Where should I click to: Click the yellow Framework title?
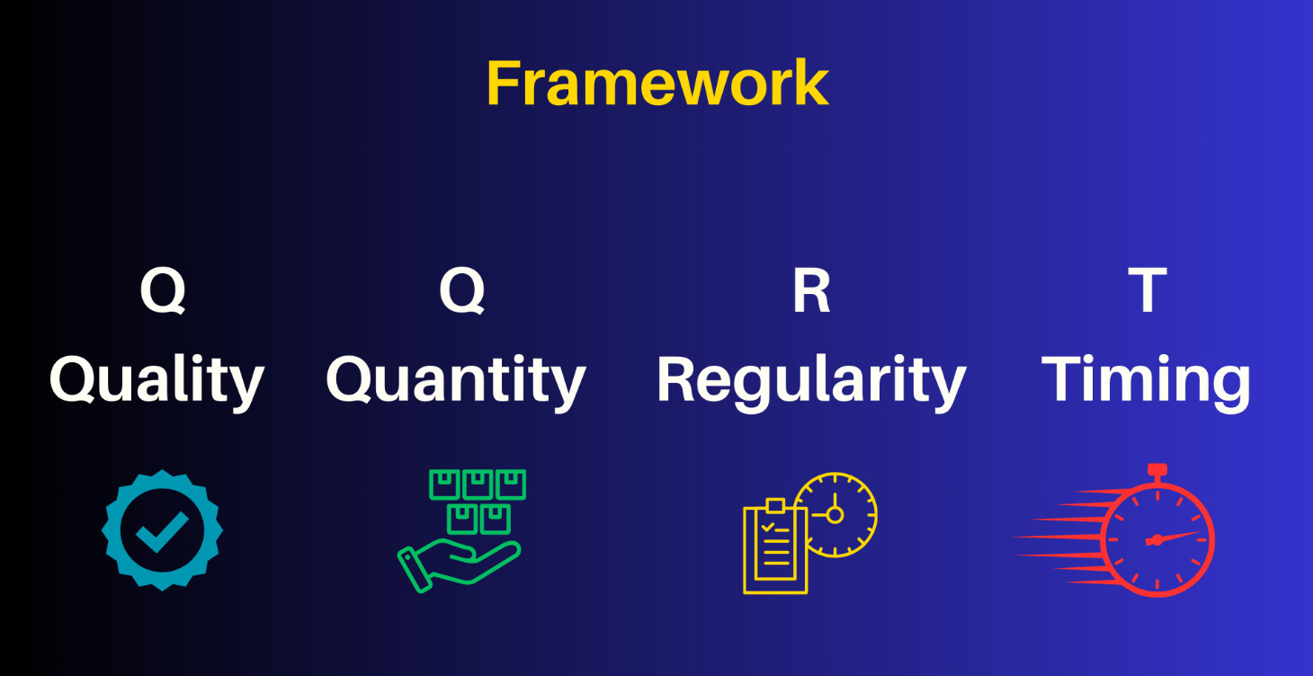click(656, 84)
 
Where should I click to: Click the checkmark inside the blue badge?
click(162, 531)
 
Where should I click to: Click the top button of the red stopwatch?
click(1157, 470)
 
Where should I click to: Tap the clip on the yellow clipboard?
click(775, 505)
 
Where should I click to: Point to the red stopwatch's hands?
click(1169, 538)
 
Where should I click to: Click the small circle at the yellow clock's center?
click(835, 514)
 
